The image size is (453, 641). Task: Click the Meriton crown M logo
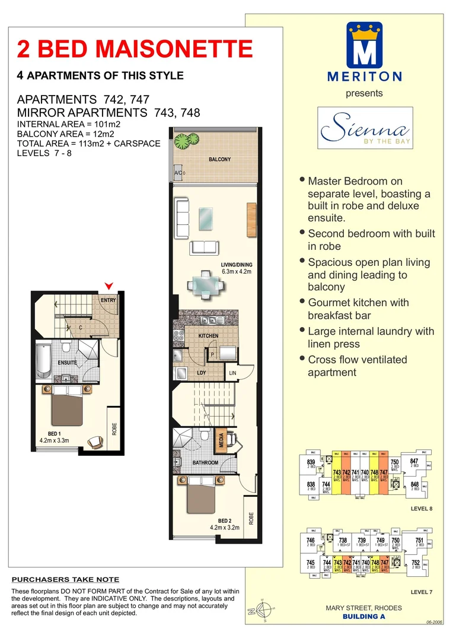[365, 45]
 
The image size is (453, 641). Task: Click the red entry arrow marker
[108, 287]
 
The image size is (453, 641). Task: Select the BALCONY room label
[219, 160]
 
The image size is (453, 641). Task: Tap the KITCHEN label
[208, 336]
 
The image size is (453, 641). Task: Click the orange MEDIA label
[221, 440]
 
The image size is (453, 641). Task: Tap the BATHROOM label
[205, 462]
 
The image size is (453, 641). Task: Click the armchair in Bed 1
[94, 441]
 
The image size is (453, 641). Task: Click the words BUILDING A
[364, 616]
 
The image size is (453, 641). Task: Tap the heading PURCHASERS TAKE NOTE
[65, 579]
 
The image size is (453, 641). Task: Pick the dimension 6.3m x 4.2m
[221, 272]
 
